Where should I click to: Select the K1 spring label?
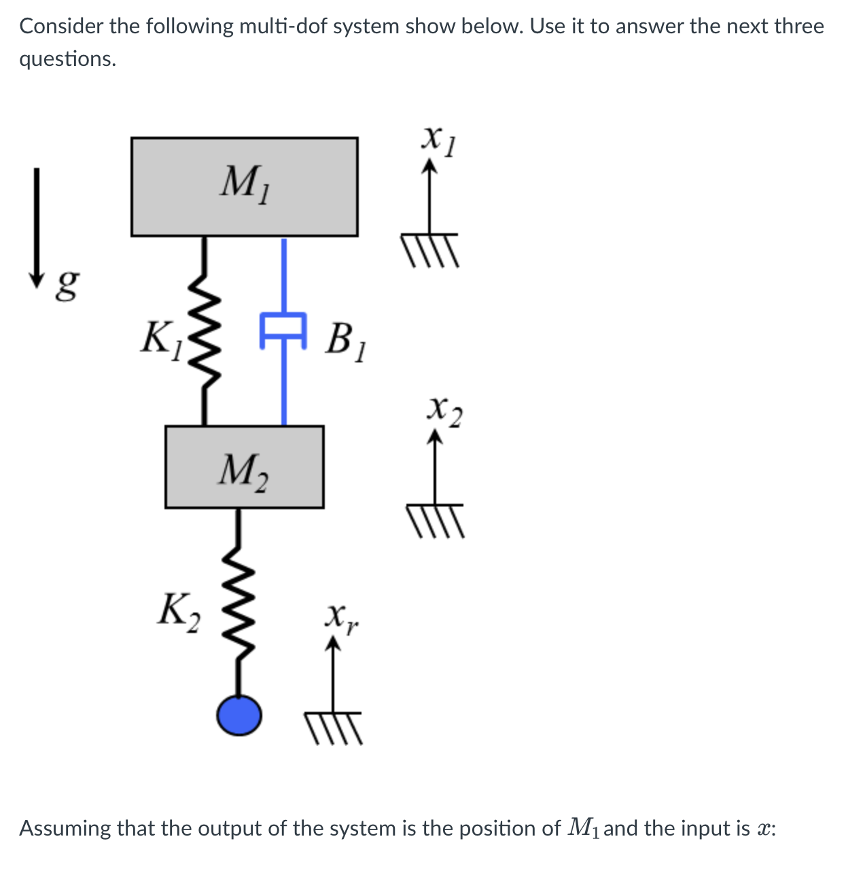click(161, 340)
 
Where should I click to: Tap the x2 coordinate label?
click(444, 411)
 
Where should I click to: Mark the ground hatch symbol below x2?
click(435, 519)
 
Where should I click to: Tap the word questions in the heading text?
click(67, 60)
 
